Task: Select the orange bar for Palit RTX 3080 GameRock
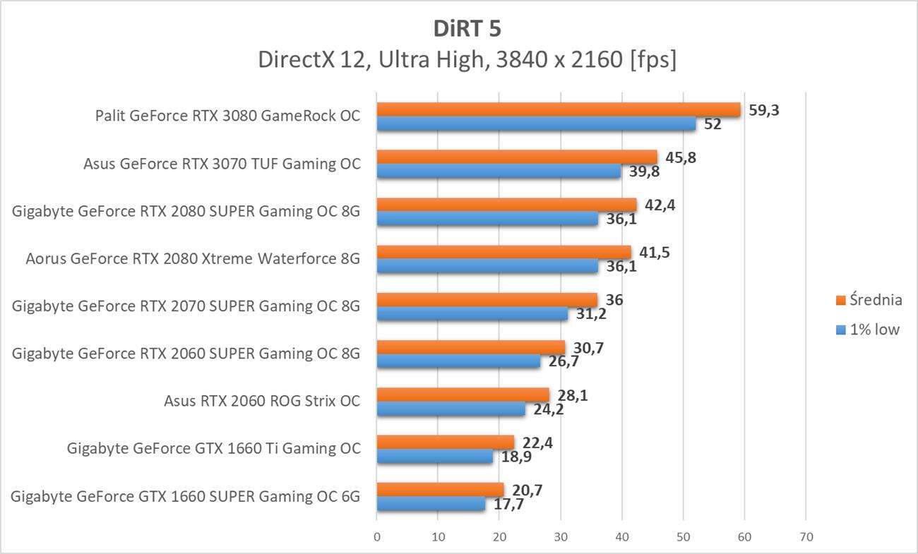click(x=558, y=109)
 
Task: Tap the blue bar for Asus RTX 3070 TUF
click(x=499, y=171)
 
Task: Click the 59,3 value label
click(x=763, y=110)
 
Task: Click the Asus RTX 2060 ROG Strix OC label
click(x=262, y=401)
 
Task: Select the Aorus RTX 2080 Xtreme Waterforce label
click(x=193, y=258)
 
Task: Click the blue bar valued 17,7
click(x=431, y=504)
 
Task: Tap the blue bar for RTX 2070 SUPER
click(x=472, y=314)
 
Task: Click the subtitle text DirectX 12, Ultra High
click(x=467, y=60)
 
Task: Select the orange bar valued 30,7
click(x=471, y=347)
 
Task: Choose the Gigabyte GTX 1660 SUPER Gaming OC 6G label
click(x=186, y=496)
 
